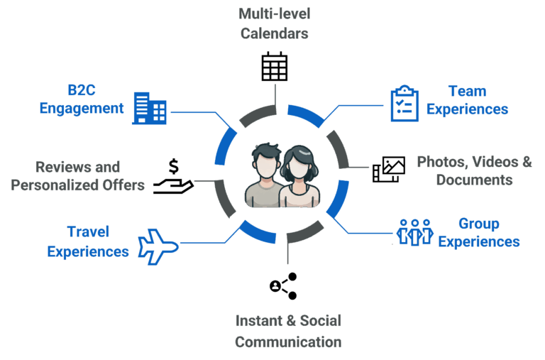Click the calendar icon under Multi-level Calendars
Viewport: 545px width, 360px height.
pos(275,67)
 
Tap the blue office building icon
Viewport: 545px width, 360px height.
pos(150,108)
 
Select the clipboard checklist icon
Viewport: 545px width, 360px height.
pos(404,103)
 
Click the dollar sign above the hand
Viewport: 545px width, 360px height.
pos(174,166)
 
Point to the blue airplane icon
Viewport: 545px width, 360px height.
pos(158,246)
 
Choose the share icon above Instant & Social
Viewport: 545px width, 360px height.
pos(284,286)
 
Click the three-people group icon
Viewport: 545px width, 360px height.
pos(415,232)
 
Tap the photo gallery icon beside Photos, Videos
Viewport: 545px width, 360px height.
pos(389,170)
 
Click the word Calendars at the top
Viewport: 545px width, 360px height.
pos(274,34)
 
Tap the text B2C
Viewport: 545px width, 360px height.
pos(82,90)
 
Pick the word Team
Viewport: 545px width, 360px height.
pos(467,91)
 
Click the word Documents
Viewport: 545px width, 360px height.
pos(474,180)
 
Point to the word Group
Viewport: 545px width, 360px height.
pos(479,224)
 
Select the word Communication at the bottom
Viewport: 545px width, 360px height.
pos(288,342)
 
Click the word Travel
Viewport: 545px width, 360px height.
pos(88,231)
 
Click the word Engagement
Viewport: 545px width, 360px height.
pos(82,109)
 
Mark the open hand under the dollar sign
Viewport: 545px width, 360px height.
pos(173,186)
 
